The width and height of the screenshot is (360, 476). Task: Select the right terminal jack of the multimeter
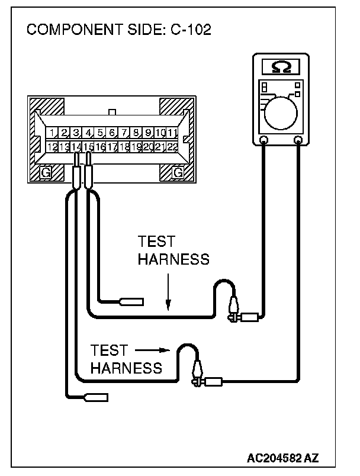point(298,140)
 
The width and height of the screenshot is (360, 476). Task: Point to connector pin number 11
point(172,133)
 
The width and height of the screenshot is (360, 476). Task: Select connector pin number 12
point(52,146)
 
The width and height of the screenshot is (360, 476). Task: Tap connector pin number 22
point(172,146)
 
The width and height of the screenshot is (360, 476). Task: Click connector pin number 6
point(112,133)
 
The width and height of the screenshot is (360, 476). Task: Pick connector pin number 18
point(124,146)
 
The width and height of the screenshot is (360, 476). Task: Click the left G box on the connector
point(44,172)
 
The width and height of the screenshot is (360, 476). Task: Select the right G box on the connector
point(176,172)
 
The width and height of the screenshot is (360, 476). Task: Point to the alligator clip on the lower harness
point(196,373)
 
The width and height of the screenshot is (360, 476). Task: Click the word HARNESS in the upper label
point(173,259)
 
